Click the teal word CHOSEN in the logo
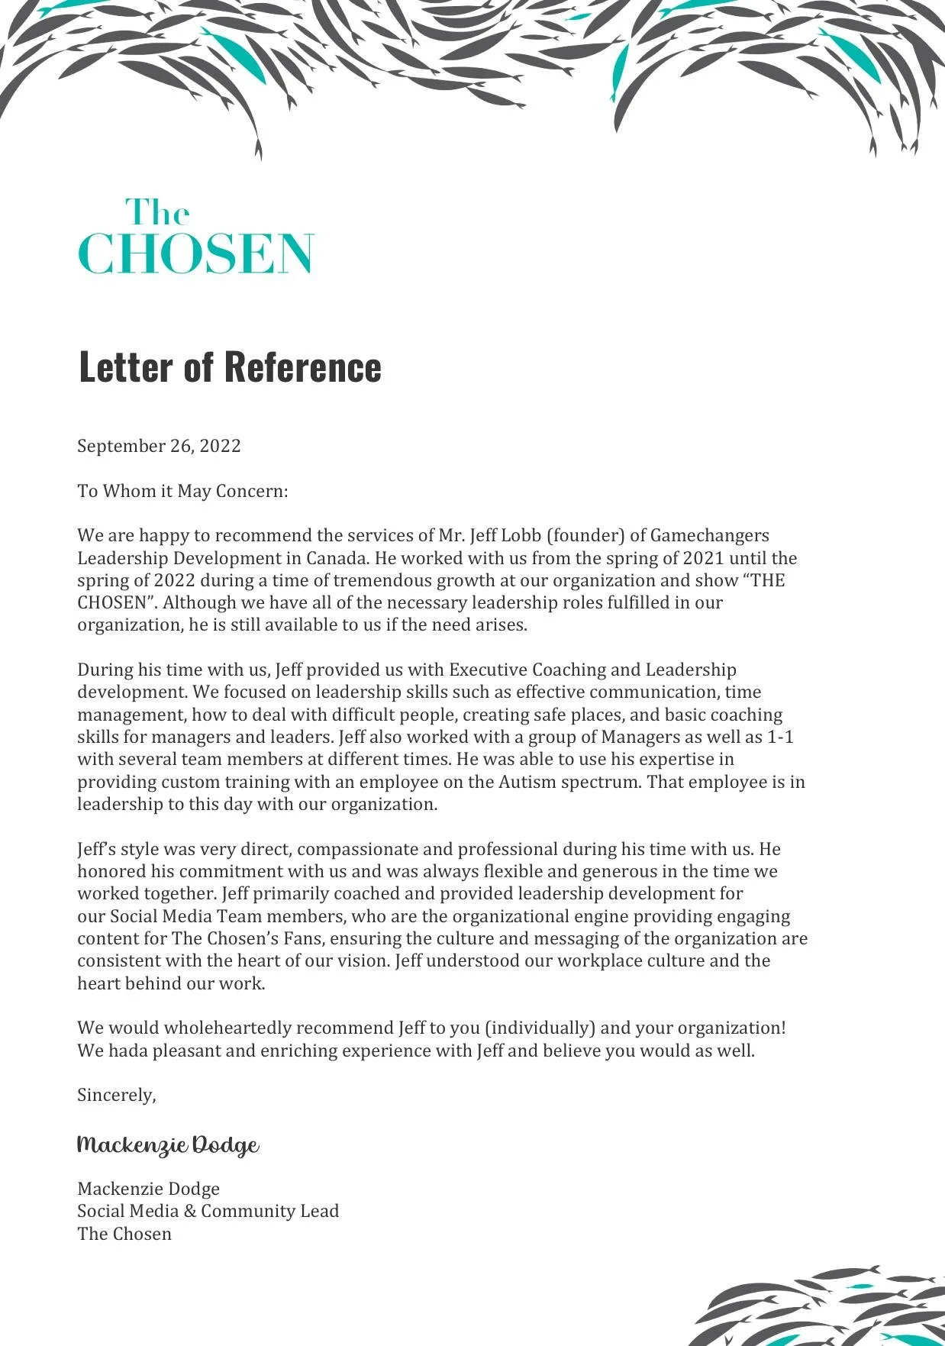tap(196, 254)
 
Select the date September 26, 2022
tap(159, 447)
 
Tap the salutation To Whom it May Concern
tap(182, 491)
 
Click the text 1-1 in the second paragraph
tap(780, 738)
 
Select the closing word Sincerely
tap(115, 1095)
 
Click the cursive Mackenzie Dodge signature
tap(168, 1145)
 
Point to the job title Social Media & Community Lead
tap(208, 1211)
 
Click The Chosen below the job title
tap(124, 1234)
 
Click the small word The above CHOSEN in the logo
tap(157, 213)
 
